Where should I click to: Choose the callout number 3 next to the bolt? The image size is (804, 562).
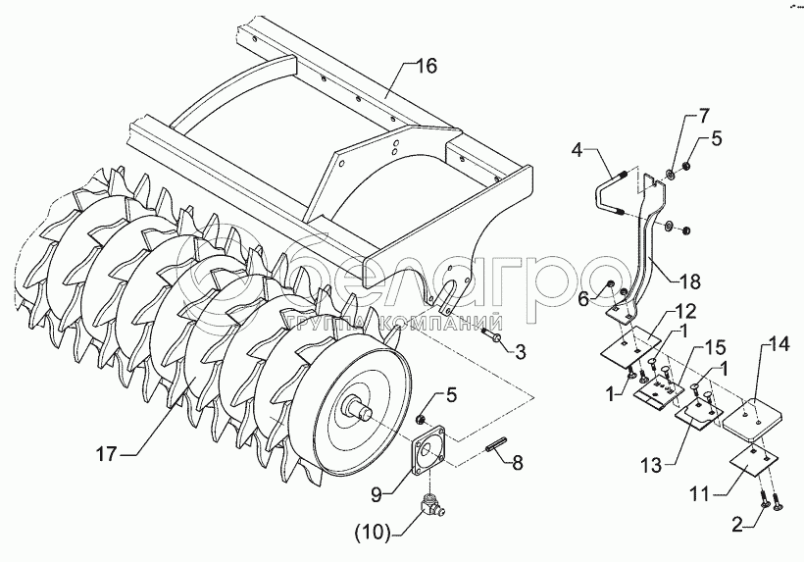[x=520, y=351]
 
